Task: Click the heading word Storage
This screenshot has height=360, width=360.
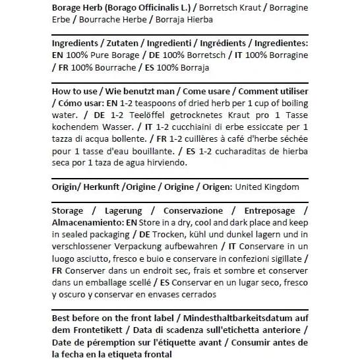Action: pyautogui.click(x=68, y=211)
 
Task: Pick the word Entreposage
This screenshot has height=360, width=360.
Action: pyautogui.click(x=270, y=211)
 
